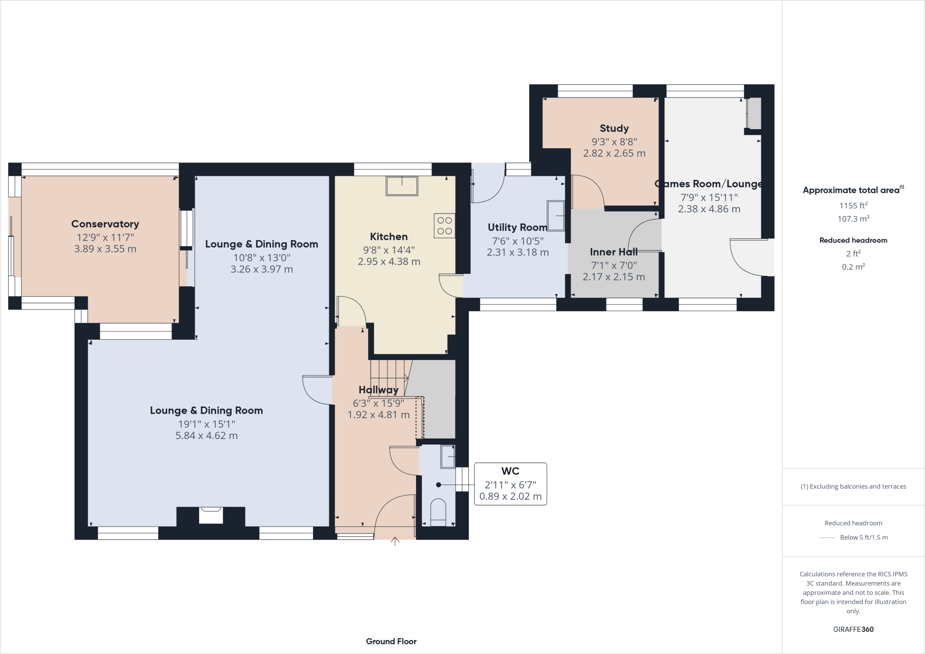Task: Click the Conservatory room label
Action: pyautogui.click(x=105, y=224)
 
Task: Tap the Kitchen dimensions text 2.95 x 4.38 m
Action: pyautogui.click(x=389, y=262)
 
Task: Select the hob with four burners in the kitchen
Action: pyautogui.click(x=444, y=226)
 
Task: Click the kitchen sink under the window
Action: pyautogui.click(x=402, y=186)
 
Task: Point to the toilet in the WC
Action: pyautogui.click(x=438, y=512)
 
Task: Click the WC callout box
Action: pyautogui.click(x=510, y=484)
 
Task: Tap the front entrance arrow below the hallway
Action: pyautogui.click(x=395, y=542)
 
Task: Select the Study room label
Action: pyautogui.click(x=614, y=128)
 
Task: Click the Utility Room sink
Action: pyautogui.click(x=556, y=216)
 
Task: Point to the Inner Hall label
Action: pyautogui.click(x=613, y=252)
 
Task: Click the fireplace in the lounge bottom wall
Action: pyautogui.click(x=211, y=515)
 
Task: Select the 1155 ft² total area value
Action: pyautogui.click(x=853, y=206)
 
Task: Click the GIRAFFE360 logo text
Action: pyautogui.click(x=853, y=629)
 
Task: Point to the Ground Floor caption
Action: pyautogui.click(x=391, y=641)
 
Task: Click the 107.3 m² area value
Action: pyautogui.click(x=853, y=219)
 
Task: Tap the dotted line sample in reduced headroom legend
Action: pyautogui.click(x=827, y=537)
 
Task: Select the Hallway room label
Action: pyautogui.click(x=378, y=390)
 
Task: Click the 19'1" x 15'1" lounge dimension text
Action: pyautogui.click(x=206, y=424)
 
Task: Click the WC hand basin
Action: pyautogui.click(x=448, y=457)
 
